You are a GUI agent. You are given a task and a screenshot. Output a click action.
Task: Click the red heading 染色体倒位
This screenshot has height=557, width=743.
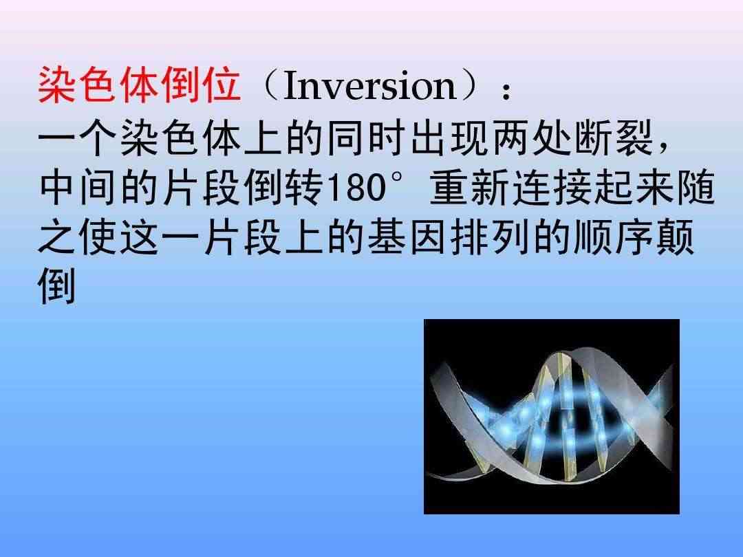139,85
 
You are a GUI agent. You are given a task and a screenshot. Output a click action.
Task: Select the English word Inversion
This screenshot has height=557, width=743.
369,86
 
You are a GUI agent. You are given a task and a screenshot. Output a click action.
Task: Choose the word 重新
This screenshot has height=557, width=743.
469,187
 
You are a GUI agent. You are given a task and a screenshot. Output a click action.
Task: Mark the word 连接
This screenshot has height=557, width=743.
551,187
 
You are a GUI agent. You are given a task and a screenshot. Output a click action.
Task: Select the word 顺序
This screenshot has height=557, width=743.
614,237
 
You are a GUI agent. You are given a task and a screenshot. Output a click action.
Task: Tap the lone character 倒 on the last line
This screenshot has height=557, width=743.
57,287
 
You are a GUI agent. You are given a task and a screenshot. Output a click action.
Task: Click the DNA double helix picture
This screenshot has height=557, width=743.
552,416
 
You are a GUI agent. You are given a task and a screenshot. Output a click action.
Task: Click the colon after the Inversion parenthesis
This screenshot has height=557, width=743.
506,91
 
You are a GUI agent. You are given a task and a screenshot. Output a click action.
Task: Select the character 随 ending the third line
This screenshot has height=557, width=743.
696,187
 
